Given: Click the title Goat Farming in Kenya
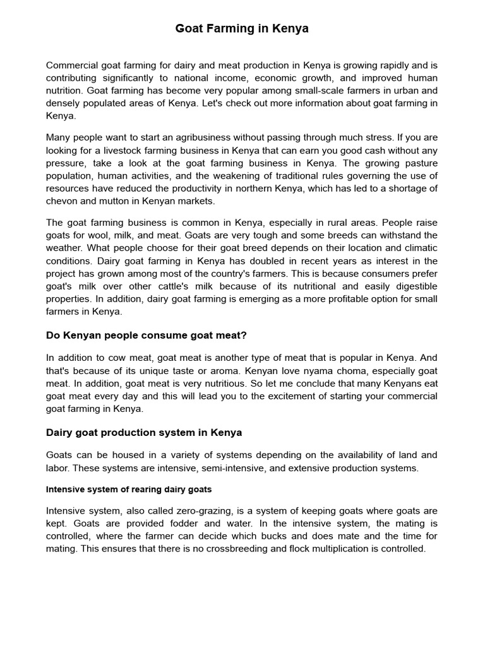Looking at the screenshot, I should coord(242,29).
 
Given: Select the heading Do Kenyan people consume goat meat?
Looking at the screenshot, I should coord(146,335).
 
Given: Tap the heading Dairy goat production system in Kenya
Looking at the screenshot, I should coord(144,433).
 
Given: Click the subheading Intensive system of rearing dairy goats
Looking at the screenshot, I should coord(129,490).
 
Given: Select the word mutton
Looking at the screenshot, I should coord(116,201).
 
